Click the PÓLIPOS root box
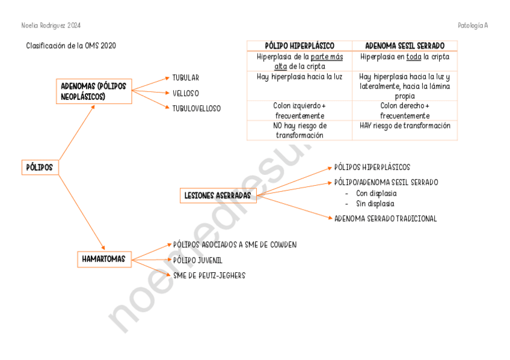[40, 166]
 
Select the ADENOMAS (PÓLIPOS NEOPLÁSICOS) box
[93, 91]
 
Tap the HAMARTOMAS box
[104, 259]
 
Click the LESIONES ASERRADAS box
[218, 195]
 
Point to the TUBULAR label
[185, 78]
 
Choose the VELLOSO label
[185, 93]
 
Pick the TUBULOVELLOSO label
[196, 109]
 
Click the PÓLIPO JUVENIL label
[198, 260]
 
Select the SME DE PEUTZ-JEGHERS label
[209, 275]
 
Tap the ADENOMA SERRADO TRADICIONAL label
[385, 219]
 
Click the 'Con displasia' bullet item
[376, 194]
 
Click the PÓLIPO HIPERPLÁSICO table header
[300, 46]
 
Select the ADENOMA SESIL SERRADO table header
[405, 46]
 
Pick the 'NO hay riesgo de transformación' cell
[300, 130]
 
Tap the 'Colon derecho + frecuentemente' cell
[405, 111]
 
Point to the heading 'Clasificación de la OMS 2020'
[71, 46]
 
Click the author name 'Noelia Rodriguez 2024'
[51, 26]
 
